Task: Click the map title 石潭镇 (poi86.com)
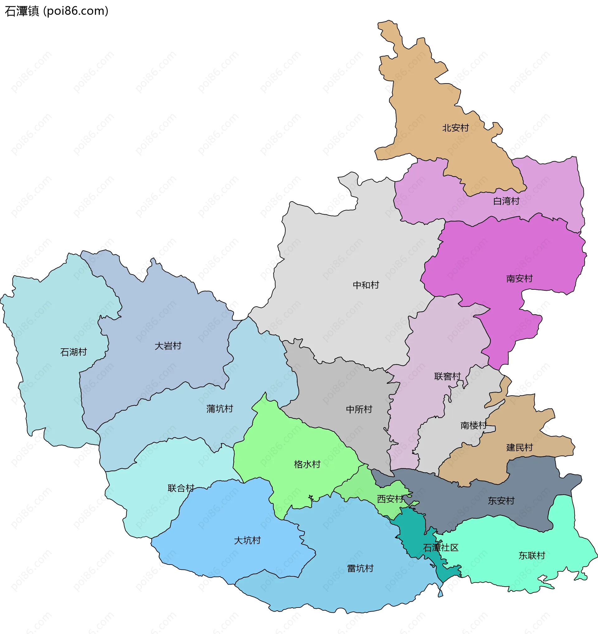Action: point(56,11)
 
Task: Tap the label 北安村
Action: point(455,128)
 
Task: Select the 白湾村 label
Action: point(506,201)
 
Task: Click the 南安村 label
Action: point(519,279)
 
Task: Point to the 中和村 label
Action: point(366,285)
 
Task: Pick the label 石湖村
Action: point(73,352)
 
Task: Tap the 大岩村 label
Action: point(168,346)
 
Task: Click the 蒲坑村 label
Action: point(219,408)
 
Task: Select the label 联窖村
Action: point(447,376)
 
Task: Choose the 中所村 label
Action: point(359,409)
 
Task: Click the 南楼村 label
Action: point(473,425)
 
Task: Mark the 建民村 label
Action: point(519,447)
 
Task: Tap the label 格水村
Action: point(307,464)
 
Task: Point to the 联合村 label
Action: point(181,488)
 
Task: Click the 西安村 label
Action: point(390,499)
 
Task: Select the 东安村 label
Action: point(501,501)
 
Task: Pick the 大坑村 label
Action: point(247,540)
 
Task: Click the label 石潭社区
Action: point(440,548)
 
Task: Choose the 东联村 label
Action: point(531,555)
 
